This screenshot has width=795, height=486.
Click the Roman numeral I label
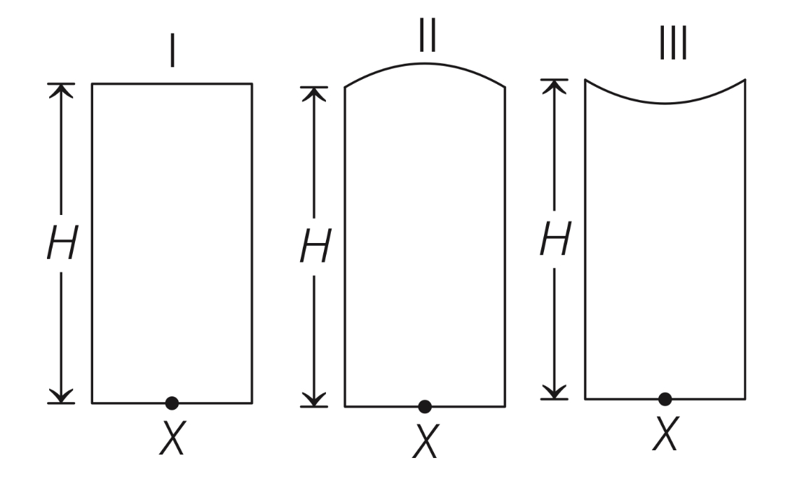pyautogui.click(x=172, y=50)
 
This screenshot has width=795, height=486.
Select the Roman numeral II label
pyautogui.click(x=427, y=35)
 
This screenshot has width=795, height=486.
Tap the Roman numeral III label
pyautogui.click(x=673, y=43)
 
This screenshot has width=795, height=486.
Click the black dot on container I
pyautogui.click(x=172, y=403)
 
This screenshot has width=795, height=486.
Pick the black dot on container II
pyautogui.click(x=425, y=406)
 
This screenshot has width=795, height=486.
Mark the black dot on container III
pyautogui.click(x=665, y=399)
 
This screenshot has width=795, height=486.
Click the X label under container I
pyautogui.click(x=172, y=438)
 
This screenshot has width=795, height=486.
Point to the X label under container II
pyautogui.click(x=426, y=441)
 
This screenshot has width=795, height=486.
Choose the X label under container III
pyautogui.click(x=666, y=433)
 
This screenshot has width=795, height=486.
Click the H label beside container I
pyautogui.click(x=62, y=242)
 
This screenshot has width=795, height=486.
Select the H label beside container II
pyautogui.click(x=315, y=246)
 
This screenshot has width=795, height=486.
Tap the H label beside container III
pyautogui.click(x=556, y=238)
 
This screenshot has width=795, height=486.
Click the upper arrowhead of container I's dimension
pyautogui.click(x=61, y=90)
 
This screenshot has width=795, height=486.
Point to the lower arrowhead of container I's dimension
pyautogui.click(x=61, y=396)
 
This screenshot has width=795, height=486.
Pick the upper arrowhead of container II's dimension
pyautogui.click(x=314, y=94)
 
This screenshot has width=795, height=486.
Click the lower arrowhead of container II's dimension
pyautogui.click(x=314, y=399)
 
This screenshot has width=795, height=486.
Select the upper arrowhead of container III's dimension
pyautogui.click(x=554, y=86)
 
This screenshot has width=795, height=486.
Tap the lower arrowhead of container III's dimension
pyautogui.click(x=554, y=392)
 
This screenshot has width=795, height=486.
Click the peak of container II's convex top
pyautogui.click(x=425, y=64)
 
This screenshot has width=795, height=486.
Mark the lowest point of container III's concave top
pyautogui.click(x=665, y=103)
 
